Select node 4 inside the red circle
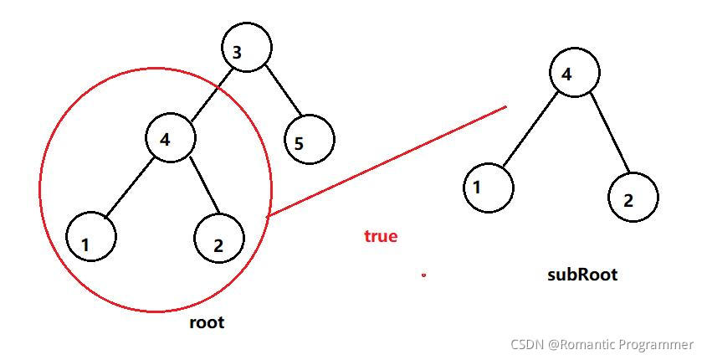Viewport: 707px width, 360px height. (170, 138)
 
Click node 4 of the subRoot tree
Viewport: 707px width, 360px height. (575, 73)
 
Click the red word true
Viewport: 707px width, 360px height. (381, 236)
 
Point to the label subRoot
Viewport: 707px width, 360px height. (581, 274)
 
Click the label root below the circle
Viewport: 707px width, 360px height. (207, 322)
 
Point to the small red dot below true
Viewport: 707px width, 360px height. (424, 275)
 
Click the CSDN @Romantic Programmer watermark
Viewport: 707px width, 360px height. (601, 344)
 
